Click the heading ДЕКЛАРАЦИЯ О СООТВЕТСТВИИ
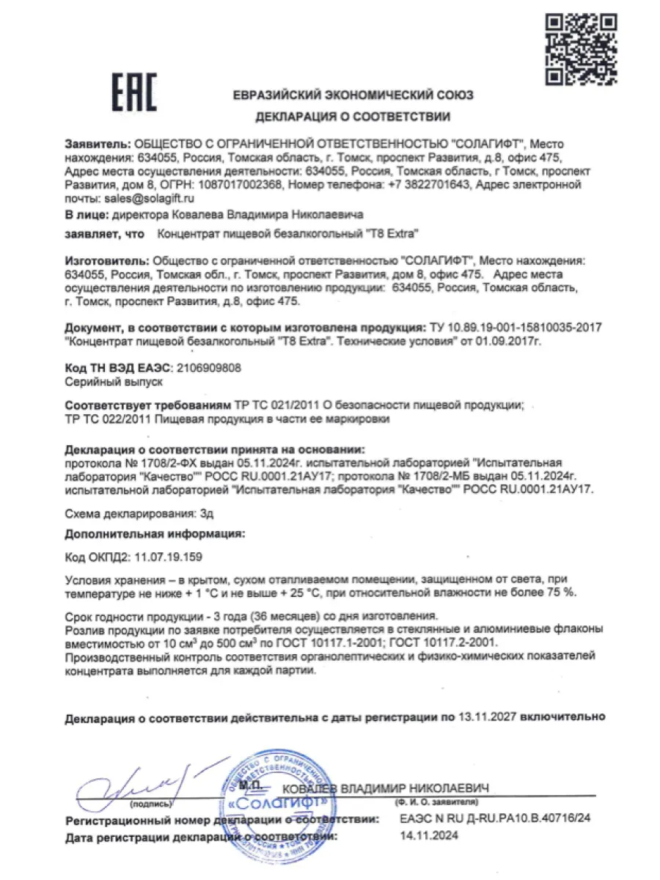pyautogui.click(x=353, y=117)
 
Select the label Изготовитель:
pyautogui.click(x=106, y=260)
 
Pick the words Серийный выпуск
pyautogui.click(x=113, y=382)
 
